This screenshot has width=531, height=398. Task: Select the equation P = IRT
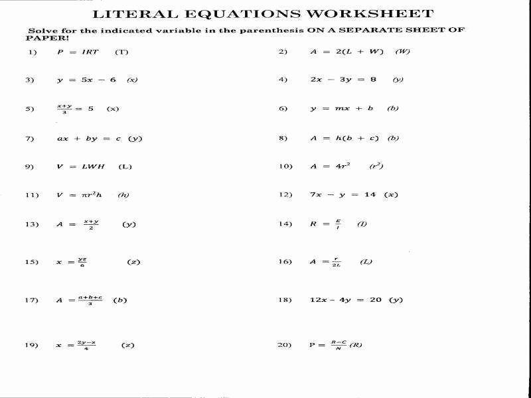click(x=78, y=52)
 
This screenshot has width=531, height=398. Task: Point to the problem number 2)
click(x=283, y=52)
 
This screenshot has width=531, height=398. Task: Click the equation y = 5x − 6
click(x=86, y=80)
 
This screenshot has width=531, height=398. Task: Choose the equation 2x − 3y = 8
click(x=342, y=80)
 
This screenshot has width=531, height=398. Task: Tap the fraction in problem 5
click(x=64, y=109)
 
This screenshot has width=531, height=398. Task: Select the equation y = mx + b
click(x=341, y=109)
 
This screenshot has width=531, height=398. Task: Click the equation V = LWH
click(x=81, y=166)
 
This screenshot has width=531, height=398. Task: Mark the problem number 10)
click(x=285, y=166)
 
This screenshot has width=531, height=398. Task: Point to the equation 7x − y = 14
click(x=342, y=195)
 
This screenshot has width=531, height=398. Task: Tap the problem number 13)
click(x=32, y=224)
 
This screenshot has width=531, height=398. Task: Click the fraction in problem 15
click(x=81, y=262)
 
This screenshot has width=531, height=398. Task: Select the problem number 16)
click(x=285, y=262)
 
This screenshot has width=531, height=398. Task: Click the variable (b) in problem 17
click(x=120, y=300)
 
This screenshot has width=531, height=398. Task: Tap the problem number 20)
click(x=285, y=345)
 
